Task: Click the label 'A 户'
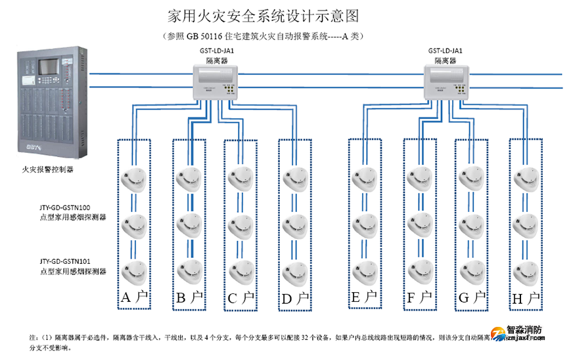tap(135, 298)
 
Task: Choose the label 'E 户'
tap(364, 298)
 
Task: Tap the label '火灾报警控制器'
tap(47, 169)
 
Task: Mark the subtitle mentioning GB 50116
tap(262, 37)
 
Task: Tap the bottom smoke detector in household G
tap(471, 271)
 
